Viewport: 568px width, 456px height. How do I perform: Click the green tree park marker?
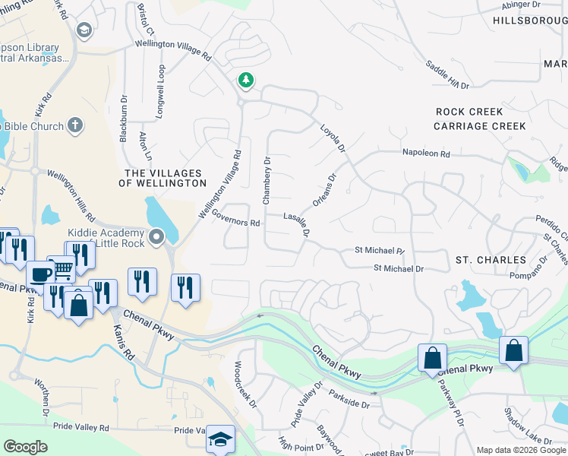pyautogui.click(x=245, y=79)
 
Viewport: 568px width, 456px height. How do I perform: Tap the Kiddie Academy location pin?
pyautogui.click(x=157, y=237)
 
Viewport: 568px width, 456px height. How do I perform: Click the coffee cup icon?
pyautogui.click(x=40, y=274)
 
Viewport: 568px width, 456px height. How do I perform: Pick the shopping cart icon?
pyautogui.click(x=61, y=268)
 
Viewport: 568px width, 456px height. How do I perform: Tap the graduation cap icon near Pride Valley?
pyautogui.click(x=220, y=439)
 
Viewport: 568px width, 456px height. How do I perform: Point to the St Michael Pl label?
pyautogui.click(x=380, y=250)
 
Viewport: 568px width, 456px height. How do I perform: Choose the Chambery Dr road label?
pyautogui.click(x=267, y=180)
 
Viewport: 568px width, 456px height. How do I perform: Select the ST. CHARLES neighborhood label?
pyautogui.click(x=491, y=260)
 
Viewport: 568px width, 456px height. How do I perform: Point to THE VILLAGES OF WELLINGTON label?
pyautogui.click(x=165, y=178)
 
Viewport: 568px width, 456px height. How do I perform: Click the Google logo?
pyautogui.click(x=25, y=447)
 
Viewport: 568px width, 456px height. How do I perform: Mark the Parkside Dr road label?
pyautogui.click(x=349, y=400)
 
